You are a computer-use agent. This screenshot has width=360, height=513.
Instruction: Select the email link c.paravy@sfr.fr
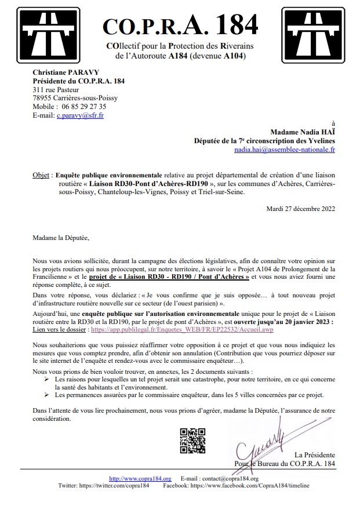80,115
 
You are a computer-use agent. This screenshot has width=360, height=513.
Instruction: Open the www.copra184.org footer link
140,478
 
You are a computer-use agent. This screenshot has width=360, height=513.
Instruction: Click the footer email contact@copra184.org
227,478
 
